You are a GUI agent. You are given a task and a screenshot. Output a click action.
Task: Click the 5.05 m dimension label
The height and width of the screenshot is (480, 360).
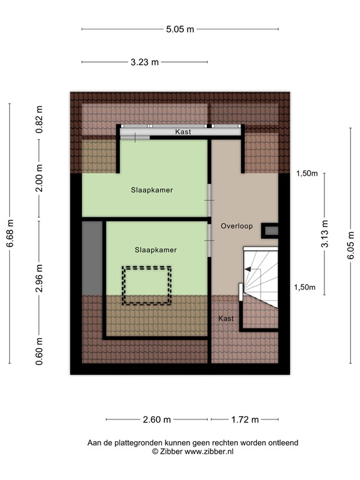pos(180,29)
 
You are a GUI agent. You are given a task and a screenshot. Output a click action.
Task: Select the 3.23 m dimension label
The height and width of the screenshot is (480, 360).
pos(144,62)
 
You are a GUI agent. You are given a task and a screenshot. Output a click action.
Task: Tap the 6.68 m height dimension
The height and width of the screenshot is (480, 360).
pos(10,234)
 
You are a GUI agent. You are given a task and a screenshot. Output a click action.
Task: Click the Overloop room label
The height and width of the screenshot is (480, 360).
pos(237,226)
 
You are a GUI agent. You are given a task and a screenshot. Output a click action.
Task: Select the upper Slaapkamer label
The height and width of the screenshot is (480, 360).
pos(152,189)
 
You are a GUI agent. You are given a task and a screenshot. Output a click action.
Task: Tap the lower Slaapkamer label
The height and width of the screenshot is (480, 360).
pos(156,249)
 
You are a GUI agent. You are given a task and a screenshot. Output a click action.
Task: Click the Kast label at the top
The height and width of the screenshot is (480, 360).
pos(183,132)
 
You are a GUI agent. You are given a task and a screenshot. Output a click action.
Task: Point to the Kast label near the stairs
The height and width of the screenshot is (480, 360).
pos(226,319)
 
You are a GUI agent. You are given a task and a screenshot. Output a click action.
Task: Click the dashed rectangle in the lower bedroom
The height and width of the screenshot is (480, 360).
pos(147,285)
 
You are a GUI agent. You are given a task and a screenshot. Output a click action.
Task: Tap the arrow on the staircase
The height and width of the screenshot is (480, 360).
pos(251,269)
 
